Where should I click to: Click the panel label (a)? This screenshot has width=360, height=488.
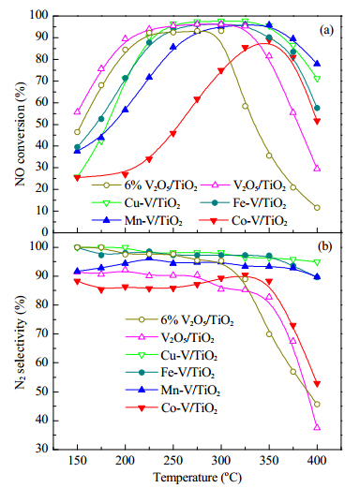(326, 31)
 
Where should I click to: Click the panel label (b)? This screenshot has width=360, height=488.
(324, 246)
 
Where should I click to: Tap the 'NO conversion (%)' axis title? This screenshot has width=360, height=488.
(21, 134)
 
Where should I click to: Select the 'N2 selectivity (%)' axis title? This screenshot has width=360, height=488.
(21, 343)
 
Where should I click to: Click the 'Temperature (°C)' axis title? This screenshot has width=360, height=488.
(198, 478)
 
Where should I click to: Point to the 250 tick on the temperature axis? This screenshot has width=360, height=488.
(173, 460)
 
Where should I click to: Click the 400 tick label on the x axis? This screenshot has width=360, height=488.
(317, 460)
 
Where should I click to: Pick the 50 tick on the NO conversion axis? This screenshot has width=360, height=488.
(41, 125)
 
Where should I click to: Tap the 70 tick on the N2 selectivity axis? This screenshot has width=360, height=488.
(41, 333)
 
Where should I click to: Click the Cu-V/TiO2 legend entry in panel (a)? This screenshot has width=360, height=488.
(136, 203)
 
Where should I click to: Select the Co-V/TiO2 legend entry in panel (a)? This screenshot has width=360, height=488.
(243, 221)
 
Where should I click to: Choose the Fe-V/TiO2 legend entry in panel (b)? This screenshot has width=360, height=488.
(171, 372)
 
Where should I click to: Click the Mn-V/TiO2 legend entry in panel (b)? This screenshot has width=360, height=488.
(172, 390)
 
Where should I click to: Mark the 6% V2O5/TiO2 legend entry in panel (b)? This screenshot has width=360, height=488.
(180, 319)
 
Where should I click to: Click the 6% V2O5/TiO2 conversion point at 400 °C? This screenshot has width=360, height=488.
(317, 208)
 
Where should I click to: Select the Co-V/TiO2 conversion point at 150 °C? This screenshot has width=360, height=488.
(77, 178)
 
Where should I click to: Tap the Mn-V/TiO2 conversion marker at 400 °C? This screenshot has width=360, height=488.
(317, 64)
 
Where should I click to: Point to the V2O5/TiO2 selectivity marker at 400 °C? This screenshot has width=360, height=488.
(317, 427)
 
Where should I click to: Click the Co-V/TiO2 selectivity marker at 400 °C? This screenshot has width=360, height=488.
(317, 384)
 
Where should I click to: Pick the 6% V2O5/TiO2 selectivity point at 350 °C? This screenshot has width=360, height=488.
(269, 334)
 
